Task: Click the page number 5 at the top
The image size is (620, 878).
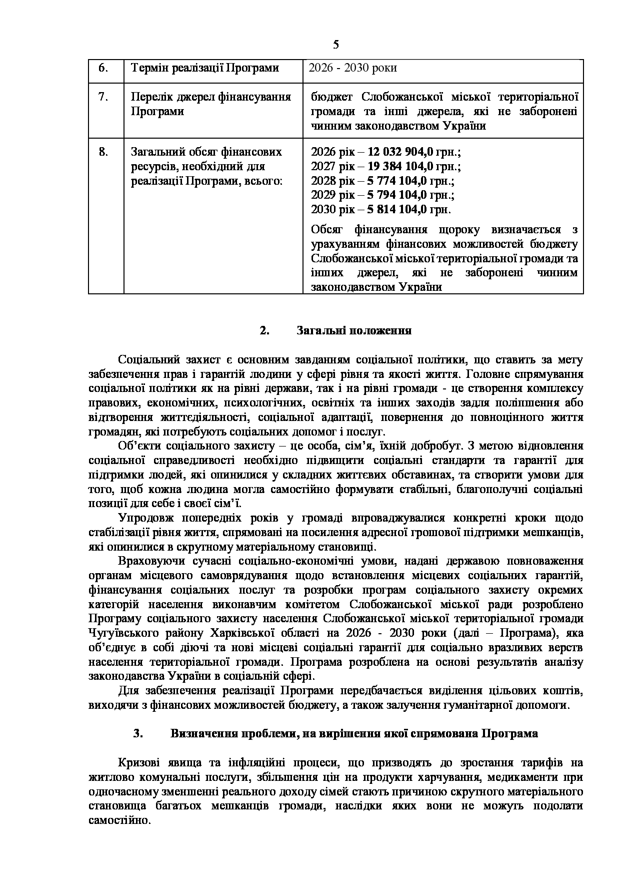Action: click(x=335, y=45)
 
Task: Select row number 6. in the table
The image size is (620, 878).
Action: click(x=103, y=68)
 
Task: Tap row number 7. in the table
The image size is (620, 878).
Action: click(x=103, y=97)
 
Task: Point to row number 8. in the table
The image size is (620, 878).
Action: click(x=103, y=152)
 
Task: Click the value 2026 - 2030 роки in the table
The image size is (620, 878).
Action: click(x=353, y=68)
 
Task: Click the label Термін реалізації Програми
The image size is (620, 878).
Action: click(x=204, y=68)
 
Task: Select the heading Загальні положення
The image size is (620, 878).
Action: click(x=354, y=331)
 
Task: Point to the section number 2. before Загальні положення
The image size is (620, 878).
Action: click(x=264, y=331)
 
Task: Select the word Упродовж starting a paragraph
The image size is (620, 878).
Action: click(x=142, y=518)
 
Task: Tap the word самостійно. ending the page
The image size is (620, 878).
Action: click(x=119, y=821)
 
